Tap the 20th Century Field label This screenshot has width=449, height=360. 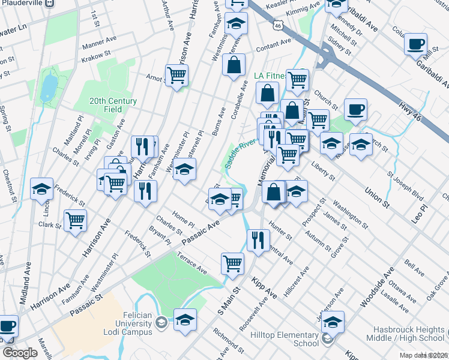pyautogui.click(x=113, y=105)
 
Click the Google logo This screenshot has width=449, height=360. pyautogui.click(x=20, y=353)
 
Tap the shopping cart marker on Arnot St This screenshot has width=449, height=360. pyautogui.click(x=176, y=76)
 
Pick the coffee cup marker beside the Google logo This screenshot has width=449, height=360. pyautogui.click(x=7, y=326)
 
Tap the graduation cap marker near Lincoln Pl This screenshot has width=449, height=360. pyautogui.click(x=42, y=188)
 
